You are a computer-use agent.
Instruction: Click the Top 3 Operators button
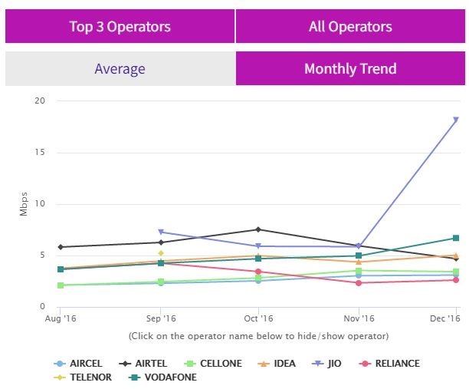click(x=120, y=27)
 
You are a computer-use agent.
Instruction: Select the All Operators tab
click(x=349, y=27)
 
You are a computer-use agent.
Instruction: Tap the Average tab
click(x=120, y=69)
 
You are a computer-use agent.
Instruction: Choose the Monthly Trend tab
click(x=349, y=69)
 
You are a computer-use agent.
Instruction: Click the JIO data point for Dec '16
click(x=456, y=120)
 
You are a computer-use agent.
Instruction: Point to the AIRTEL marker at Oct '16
click(x=258, y=229)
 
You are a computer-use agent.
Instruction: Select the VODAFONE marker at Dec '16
click(x=456, y=238)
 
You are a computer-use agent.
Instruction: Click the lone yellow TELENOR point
click(x=161, y=253)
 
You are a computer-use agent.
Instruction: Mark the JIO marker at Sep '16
click(x=161, y=232)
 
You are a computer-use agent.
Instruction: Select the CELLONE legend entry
click(x=215, y=363)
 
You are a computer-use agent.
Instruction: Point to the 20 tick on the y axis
click(x=40, y=101)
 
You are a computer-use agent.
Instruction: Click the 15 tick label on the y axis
click(x=40, y=152)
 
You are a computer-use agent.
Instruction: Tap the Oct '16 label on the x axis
click(x=258, y=318)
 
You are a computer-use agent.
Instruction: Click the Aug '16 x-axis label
click(x=61, y=318)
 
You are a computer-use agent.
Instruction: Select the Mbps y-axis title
click(x=23, y=204)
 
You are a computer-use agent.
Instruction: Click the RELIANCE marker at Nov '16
click(x=358, y=283)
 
